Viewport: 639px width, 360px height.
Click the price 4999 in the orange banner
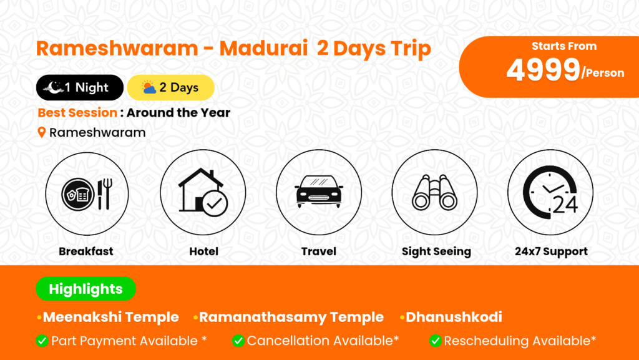(x=544, y=70)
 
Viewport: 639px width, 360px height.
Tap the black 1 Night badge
(x=80, y=87)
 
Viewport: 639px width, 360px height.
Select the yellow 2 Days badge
(x=171, y=87)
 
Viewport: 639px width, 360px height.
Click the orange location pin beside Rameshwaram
(x=42, y=132)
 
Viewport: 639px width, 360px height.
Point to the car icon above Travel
(x=319, y=192)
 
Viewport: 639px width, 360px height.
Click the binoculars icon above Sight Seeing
(x=434, y=193)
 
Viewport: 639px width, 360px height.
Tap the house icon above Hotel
(x=203, y=192)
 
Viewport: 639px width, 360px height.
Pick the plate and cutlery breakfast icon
(x=87, y=194)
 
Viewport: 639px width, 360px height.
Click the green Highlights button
(x=86, y=289)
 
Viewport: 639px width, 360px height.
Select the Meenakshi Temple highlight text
(x=111, y=317)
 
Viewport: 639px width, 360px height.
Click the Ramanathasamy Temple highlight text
(x=291, y=317)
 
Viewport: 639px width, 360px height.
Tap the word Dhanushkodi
(x=454, y=317)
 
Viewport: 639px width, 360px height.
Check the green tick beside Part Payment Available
(x=42, y=341)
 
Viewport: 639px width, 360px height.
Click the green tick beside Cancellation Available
(x=238, y=341)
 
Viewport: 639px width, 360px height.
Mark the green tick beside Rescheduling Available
(x=435, y=341)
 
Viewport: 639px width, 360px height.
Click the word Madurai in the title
(x=264, y=48)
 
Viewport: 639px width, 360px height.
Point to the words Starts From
(x=564, y=46)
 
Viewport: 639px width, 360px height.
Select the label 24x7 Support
(x=551, y=251)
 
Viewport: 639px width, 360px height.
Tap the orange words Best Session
(x=77, y=112)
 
